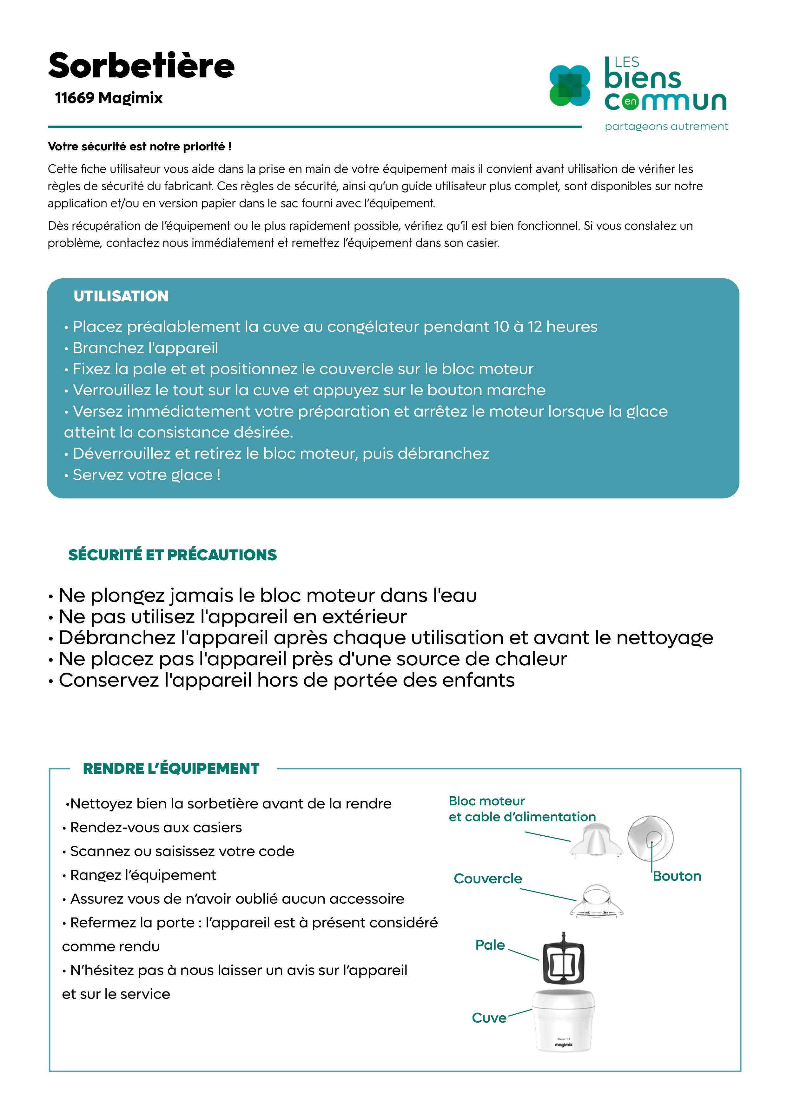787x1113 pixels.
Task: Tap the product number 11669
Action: (x=74, y=98)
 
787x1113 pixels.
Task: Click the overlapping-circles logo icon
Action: (x=569, y=86)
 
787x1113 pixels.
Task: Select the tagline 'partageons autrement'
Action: (x=666, y=127)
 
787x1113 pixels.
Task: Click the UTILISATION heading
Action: (x=121, y=296)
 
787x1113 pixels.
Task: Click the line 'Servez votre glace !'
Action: (x=146, y=475)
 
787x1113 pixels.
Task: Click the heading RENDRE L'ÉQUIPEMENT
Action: (x=171, y=769)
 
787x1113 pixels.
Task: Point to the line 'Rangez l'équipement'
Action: (x=143, y=875)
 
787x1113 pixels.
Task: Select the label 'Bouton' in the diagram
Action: (x=677, y=876)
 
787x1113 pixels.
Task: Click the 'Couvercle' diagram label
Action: (x=488, y=879)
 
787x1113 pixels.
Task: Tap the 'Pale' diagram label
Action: (x=490, y=945)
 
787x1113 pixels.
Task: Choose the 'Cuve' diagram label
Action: (x=489, y=1018)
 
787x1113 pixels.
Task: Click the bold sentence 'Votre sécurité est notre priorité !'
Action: (x=140, y=146)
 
